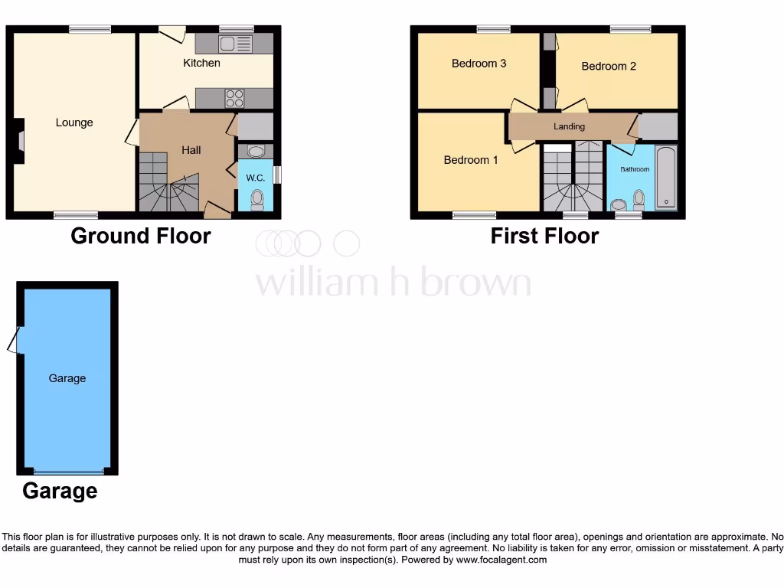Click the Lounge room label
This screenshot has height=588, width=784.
[x=74, y=122]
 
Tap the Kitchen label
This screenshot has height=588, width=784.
[x=201, y=63]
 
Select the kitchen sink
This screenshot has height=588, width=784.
[x=235, y=44]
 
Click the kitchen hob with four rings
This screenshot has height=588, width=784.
[x=234, y=99]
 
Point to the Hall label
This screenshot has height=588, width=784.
[x=191, y=150]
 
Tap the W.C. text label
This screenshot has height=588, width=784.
[x=255, y=178]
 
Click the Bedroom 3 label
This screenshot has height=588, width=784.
[x=479, y=64]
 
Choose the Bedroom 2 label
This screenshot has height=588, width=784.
[x=609, y=67]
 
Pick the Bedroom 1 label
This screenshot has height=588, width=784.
[x=471, y=160]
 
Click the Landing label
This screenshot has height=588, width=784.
[x=569, y=126]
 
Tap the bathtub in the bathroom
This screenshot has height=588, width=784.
[x=666, y=178]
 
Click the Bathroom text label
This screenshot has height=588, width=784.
[x=635, y=169]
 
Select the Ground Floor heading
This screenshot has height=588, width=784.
[x=141, y=236]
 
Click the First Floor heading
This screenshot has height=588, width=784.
[x=544, y=236]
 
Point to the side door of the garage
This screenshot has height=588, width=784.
[x=14, y=340]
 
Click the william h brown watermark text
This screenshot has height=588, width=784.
[x=393, y=282]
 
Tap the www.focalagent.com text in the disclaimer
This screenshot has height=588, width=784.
[x=501, y=560]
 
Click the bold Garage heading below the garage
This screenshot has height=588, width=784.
[x=60, y=491]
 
